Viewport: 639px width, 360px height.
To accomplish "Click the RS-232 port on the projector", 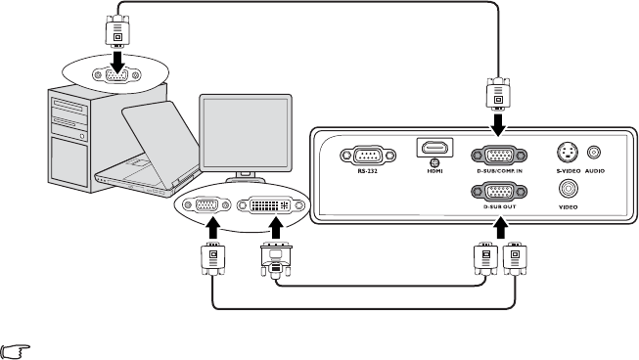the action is [368, 156].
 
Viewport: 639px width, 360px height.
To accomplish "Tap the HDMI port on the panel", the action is [434, 148].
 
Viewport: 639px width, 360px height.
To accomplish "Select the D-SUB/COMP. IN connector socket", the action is [499, 156].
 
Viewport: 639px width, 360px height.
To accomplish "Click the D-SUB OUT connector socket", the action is [499, 192].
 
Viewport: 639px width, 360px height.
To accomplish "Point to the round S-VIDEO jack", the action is [568, 153].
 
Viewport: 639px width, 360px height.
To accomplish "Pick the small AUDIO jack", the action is [594, 153].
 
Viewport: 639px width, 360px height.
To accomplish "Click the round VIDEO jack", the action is [569, 189].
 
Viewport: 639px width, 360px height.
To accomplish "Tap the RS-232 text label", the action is [368, 171].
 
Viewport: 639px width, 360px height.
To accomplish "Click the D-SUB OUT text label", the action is [500, 206].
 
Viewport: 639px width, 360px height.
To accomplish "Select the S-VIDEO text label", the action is [569, 171].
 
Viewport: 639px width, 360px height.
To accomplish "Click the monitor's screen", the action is [246, 133].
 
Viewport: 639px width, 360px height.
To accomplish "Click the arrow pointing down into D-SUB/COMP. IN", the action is [497, 125].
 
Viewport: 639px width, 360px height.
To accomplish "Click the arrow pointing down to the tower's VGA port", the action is [118, 61].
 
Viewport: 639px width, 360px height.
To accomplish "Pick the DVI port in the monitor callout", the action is [271, 204].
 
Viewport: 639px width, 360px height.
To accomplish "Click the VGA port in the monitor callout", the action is [206, 204].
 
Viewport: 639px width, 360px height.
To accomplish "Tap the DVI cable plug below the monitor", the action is [276, 259].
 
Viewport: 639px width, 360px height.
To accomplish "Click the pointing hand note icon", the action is [15, 351].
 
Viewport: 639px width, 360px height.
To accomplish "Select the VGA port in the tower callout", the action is [116, 75].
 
